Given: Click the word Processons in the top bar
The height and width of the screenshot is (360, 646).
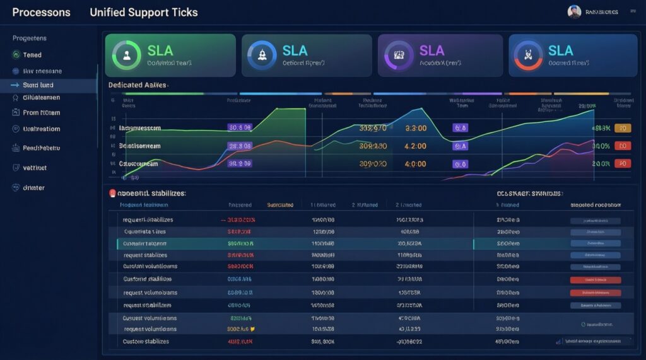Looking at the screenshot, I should coord(41,13).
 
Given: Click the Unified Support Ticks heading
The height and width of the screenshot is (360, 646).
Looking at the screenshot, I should coord(144,13).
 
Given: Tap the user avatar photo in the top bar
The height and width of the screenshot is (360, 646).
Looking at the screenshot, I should coord(574,12).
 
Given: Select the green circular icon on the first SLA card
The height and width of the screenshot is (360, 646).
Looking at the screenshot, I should coord(126,55).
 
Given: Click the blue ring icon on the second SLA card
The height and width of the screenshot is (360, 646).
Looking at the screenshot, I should coord(261,55).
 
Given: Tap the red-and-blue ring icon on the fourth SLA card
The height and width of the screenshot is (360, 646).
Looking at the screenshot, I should coord(529,55).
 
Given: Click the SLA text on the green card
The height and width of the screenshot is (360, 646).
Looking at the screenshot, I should coord(161,50).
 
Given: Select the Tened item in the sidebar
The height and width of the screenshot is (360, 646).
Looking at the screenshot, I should coord(32,55).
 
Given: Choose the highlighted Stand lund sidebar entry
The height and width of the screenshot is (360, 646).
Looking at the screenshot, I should coord(38,84).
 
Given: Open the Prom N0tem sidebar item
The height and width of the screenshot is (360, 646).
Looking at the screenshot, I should coord(41,113).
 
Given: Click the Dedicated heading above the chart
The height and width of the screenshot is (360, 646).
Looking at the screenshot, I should coord(138,84).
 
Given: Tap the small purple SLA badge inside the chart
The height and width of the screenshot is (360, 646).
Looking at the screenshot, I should coord(461,146).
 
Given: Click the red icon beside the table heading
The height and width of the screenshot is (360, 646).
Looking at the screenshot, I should coord(112,194).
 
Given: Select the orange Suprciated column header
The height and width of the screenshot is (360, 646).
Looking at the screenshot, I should coord(280,205).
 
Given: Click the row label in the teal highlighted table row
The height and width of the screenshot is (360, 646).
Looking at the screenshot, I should coord(145,243).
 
